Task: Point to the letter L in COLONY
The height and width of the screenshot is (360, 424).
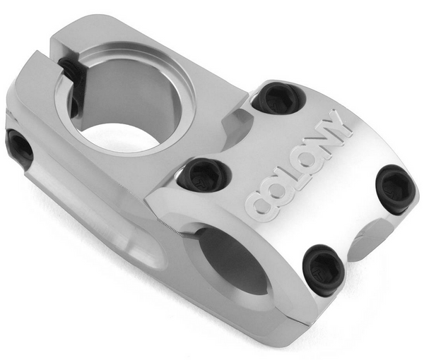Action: (x=298, y=172)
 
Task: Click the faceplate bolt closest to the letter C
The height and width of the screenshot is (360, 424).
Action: (x=203, y=174)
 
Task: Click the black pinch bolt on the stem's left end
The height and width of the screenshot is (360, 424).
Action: (x=19, y=148)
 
